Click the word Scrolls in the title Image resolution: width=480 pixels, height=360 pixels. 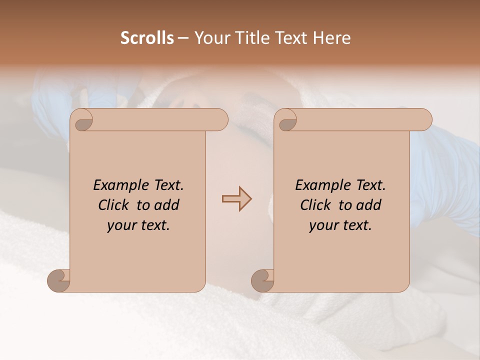147,38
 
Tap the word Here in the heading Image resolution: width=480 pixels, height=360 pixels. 332,38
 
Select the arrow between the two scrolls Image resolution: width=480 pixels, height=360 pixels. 236,199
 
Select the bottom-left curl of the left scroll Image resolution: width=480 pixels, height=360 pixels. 58,281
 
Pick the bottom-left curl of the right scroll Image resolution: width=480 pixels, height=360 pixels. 262,281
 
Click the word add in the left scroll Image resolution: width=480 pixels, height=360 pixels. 167,205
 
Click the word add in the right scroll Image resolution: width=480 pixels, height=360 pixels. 369,205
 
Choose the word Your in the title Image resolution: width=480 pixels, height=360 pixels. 210,38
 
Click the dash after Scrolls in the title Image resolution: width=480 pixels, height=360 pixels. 183,38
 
